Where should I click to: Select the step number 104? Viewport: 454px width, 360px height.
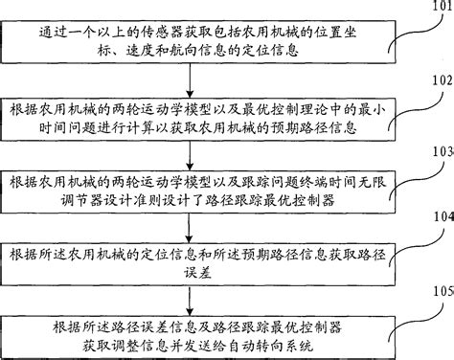point(440,217)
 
